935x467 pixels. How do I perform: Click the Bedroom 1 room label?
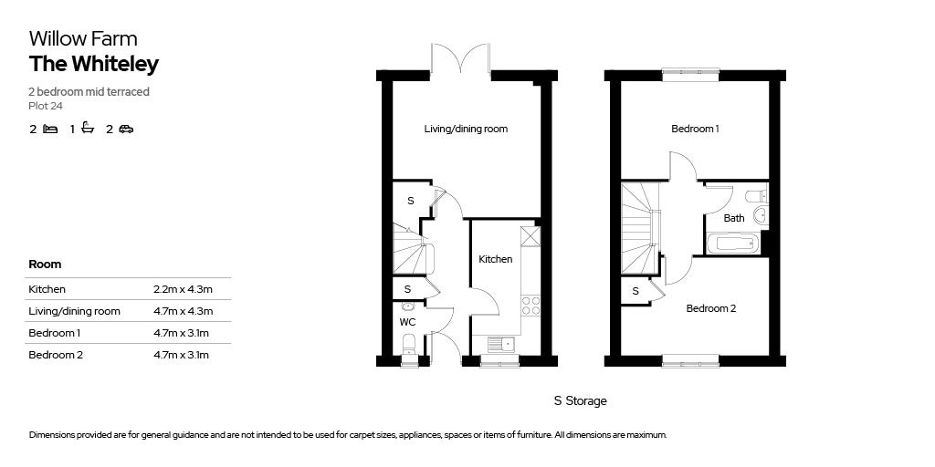[695, 129]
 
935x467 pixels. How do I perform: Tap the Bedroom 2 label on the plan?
[710, 308]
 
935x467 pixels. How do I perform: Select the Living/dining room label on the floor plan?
[466, 129]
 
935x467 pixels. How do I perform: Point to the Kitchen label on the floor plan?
[496, 259]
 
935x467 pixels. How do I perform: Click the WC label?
[407, 322]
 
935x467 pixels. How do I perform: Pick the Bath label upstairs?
[734, 218]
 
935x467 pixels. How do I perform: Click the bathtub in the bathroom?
[731, 243]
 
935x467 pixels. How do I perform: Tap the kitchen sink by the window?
[501, 345]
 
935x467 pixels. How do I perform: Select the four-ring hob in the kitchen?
[531, 305]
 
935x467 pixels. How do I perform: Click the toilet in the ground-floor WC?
[408, 344]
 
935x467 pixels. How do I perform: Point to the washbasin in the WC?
[408, 307]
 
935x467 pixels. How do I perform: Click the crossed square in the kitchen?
[531, 236]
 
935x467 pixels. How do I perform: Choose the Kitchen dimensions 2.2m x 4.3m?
[183, 289]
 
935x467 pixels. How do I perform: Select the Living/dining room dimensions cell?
[183, 312]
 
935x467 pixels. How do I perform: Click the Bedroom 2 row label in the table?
[56, 355]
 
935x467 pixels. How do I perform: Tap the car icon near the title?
[126, 129]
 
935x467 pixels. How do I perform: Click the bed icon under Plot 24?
[51, 129]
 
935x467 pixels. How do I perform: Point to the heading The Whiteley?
[94, 64]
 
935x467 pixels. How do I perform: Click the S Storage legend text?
[580, 401]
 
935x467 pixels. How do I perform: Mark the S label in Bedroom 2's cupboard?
[636, 291]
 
